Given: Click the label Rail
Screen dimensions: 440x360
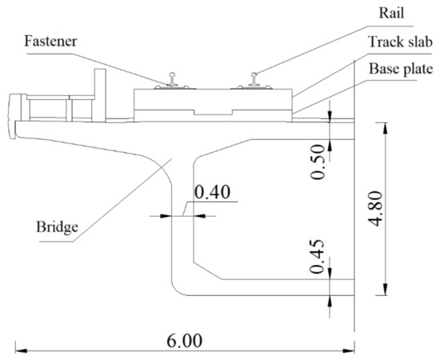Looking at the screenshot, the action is [391, 13].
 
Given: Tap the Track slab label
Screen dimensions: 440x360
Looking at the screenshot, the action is [400, 42].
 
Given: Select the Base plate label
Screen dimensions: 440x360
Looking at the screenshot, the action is [401, 69].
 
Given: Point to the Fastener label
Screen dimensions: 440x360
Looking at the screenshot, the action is [50, 41].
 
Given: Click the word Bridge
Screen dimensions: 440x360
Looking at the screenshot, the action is [58, 226].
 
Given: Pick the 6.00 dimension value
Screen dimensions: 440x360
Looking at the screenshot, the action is [184, 341].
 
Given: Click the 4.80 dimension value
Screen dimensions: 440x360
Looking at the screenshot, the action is [375, 209].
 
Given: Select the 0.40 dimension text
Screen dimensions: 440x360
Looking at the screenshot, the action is [213, 192].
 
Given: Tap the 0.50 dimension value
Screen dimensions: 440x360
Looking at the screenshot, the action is [318, 162].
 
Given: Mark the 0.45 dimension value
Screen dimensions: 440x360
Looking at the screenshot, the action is [317, 257].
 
